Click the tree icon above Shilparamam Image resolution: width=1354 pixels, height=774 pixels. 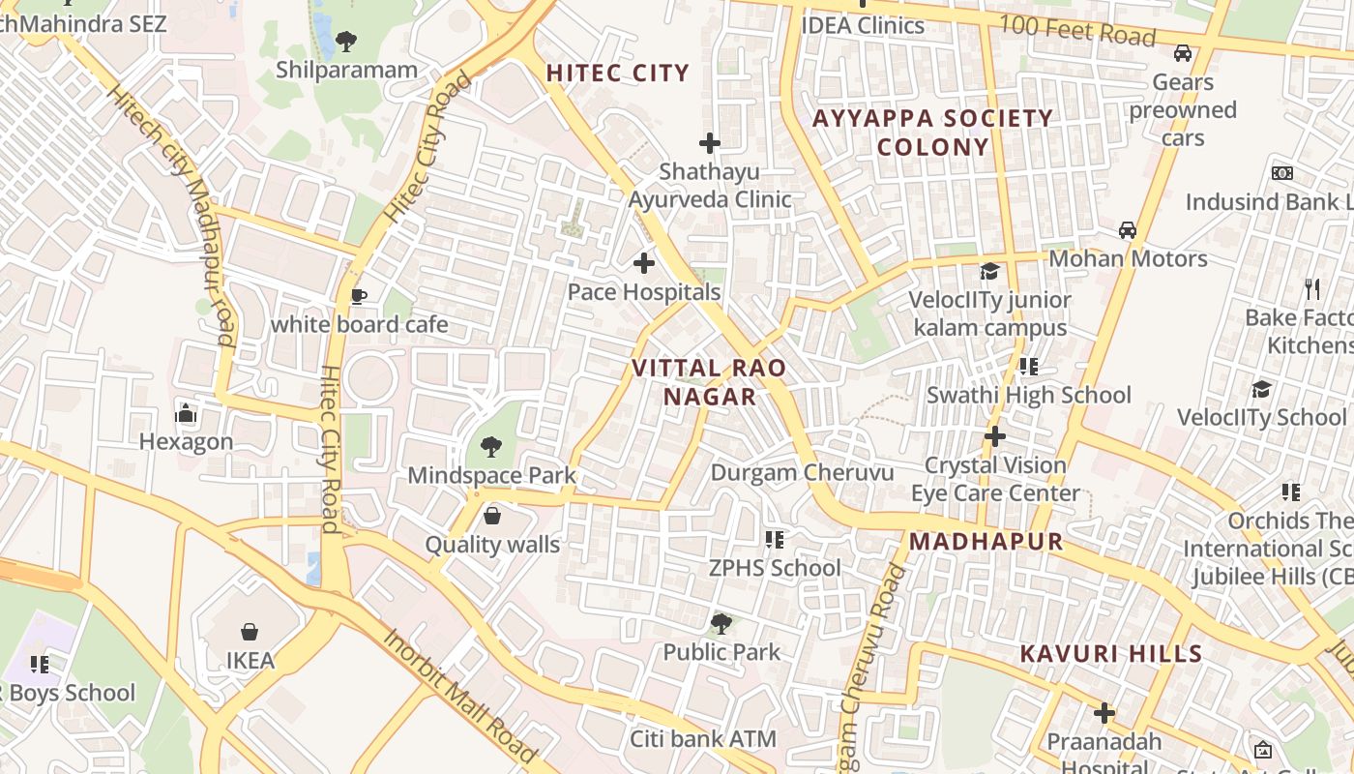(345, 42)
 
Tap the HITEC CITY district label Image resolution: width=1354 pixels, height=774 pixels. (617, 74)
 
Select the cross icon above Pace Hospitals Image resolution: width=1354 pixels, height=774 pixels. (643, 262)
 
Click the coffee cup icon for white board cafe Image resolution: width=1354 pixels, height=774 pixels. (359, 296)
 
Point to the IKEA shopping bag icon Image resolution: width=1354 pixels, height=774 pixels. (250, 632)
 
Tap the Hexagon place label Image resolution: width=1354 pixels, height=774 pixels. (187, 442)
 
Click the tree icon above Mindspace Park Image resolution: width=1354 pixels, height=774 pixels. (490, 447)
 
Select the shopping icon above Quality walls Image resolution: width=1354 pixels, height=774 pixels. (492, 516)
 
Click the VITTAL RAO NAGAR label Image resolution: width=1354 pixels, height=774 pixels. (709, 382)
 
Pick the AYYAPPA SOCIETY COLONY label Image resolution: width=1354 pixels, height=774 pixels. (932, 133)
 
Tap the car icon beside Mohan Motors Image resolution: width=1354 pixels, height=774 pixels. (1128, 230)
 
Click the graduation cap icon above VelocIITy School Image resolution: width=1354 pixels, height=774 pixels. (1261, 389)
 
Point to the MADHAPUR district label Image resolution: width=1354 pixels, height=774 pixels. (986, 542)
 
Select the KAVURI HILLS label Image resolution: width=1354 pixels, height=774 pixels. (1111, 654)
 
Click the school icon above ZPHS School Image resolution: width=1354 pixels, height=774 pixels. (774, 539)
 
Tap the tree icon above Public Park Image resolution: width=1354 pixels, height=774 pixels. (721, 623)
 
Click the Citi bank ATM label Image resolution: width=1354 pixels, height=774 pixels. (703, 740)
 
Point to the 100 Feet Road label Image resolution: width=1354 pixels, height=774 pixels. (1076, 31)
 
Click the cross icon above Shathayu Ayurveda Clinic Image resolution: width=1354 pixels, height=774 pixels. (710, 143)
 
